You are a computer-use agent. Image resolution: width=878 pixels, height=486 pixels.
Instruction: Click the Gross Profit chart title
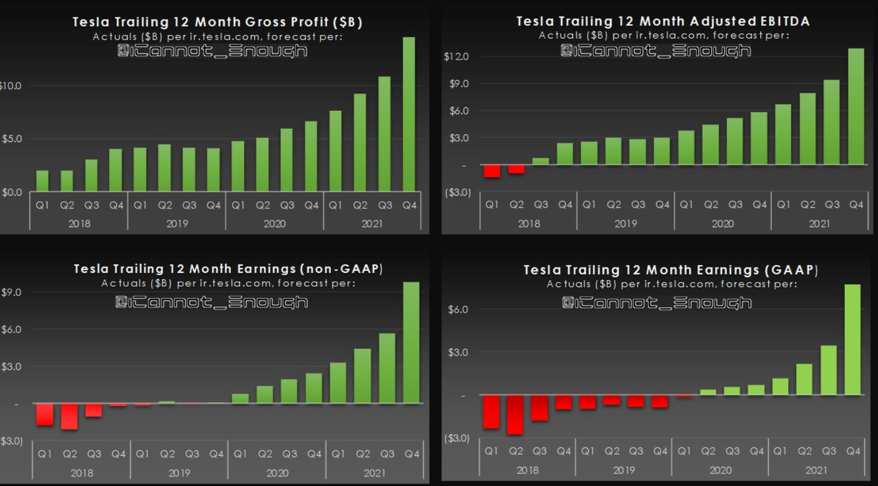(x=217, y=22)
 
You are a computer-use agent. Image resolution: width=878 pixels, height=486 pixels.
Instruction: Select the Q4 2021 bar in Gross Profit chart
(x=409, y=114)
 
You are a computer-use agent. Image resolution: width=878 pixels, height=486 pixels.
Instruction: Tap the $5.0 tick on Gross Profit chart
(x=11, y=139)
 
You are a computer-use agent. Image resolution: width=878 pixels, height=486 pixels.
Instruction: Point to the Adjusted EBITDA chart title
(x=663, y=21)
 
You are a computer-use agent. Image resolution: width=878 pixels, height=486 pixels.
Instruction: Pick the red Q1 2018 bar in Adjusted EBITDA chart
(x=492, y=171)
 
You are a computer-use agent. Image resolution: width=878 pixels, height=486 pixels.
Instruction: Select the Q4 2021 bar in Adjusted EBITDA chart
(x=856, y=107)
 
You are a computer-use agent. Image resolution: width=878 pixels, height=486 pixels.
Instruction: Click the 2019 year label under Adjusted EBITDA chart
(x=626, y=223)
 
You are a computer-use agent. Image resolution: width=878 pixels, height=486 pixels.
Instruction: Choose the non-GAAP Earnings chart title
(x=228, y=269)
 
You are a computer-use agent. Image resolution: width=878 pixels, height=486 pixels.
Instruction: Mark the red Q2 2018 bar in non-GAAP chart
(x=69, y=416)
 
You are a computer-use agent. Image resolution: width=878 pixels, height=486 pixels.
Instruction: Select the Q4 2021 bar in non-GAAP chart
(x=411, y=343)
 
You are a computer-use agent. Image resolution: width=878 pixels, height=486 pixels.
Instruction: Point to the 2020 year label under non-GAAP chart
(x=277, y=473)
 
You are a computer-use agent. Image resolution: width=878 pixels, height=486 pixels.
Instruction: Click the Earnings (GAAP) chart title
(x=671, y=270)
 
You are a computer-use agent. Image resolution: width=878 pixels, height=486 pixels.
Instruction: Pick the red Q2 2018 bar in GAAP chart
(x=515, y=414)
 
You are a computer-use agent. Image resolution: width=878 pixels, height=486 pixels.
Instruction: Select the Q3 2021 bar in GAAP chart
(x=829, y=370)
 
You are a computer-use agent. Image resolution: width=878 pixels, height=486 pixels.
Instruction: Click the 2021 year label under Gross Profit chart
(x=372, y=224)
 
